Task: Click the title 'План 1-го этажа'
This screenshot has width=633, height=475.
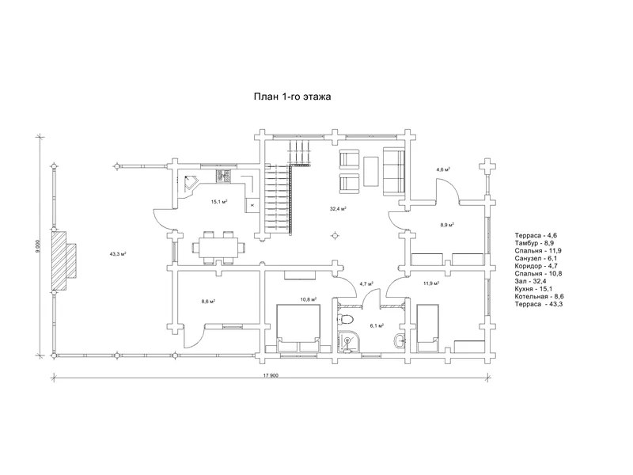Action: pos(292,97)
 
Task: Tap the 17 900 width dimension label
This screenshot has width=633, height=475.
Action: pos(271,375)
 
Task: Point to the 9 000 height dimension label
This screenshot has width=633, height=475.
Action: pos(38,246)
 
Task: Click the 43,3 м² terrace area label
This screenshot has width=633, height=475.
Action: pos(118,254)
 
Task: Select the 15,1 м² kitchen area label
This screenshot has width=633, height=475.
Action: pos(219,201)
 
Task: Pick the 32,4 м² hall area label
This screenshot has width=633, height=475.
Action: pos(339,209)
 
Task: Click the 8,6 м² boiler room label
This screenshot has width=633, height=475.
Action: pos(208,301)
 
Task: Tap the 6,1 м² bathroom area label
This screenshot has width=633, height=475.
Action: pos(377,325)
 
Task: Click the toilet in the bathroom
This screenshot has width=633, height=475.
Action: pos(346,320)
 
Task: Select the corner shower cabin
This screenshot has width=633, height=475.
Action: pos(347,342)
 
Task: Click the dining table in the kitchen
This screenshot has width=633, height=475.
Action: pos(218,247)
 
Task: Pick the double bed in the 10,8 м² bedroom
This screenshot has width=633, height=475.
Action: pos(298,329)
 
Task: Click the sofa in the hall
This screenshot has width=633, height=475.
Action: pos(394,171)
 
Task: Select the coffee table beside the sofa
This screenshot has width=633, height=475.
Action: pos(371,171)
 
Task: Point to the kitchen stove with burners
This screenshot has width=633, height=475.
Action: pos(224,176)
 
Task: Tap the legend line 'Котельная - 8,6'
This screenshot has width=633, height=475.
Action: pos(540,296)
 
